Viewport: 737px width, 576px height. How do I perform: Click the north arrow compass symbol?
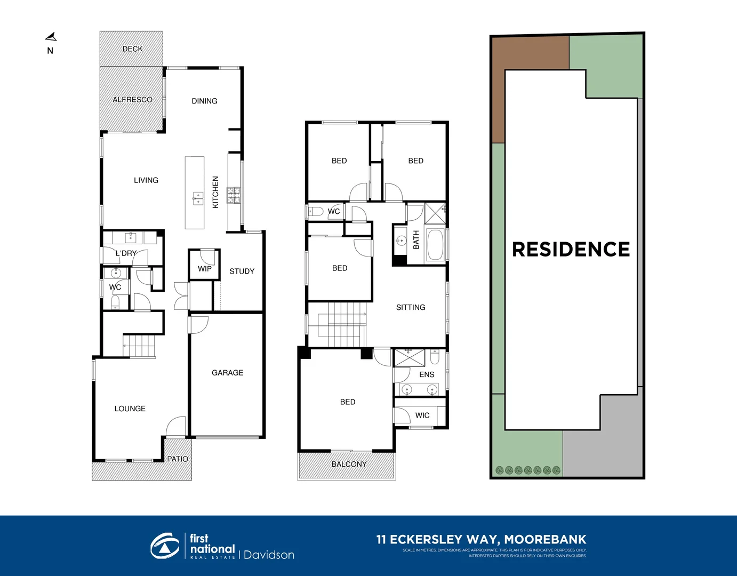tap(51, 37)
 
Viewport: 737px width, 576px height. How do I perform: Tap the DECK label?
tap(132, 49)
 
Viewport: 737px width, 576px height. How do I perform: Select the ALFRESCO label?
tap(132, 100)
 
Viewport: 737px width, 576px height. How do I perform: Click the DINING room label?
tap(204, 101)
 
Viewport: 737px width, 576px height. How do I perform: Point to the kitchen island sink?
tap(198, 199)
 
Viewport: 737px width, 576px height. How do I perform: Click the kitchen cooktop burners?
tap(234, 195)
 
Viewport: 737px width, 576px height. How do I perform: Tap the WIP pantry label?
tap(205, 269)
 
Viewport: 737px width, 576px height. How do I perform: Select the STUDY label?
tap(242, 271)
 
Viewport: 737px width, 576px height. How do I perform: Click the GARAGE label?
tap(227, 373)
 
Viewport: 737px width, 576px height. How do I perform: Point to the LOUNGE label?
tap(130, 409)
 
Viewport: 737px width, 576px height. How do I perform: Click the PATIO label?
tap(178, 459)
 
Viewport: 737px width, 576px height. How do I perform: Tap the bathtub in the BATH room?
tap(435, 245)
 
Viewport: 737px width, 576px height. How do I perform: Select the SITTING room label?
tap(411, 307)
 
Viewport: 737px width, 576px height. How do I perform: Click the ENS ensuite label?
tap(427, 374)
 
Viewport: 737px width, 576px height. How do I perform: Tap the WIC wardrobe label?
tap(422, 415)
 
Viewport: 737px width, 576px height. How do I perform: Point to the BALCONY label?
tap(349, 464)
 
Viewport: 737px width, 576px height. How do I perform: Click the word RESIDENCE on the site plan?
tap(571, 249)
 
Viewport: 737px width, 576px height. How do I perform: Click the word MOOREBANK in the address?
tap(545, 539)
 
